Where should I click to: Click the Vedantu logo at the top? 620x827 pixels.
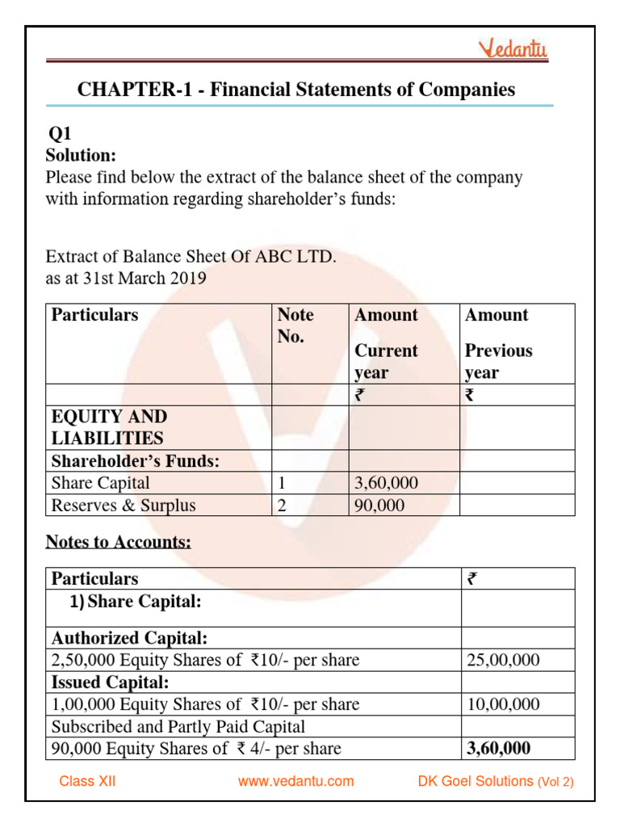pos(514,49)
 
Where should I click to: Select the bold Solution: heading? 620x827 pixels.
pos(81,155)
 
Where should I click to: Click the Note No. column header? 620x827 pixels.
pos(295,325)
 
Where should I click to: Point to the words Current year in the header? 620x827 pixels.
pos(386,362)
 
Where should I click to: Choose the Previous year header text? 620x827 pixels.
pos(498,362)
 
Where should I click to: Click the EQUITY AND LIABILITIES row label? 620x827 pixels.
pos(109,427)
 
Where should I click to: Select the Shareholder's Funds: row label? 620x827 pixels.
pos(136,461)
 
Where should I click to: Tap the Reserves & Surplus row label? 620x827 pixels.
pos(123,506)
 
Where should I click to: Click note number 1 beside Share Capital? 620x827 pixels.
pos(283,483)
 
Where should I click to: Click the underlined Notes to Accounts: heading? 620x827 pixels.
pos(118,542)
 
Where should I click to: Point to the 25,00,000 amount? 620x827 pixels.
pos(503,661)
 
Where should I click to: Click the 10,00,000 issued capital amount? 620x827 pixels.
pos(503,704)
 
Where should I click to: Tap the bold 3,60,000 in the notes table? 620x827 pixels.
pos(499,749)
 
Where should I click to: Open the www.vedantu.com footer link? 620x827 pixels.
pos(296,781)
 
